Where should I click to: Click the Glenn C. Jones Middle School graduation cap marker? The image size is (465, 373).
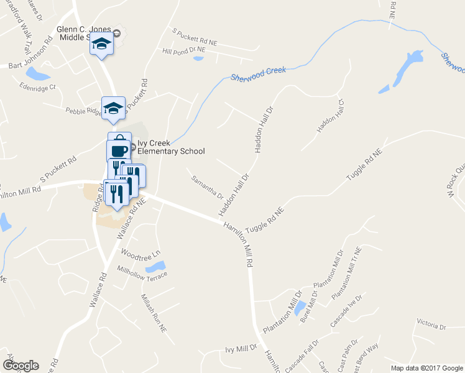click(x=101, y=45)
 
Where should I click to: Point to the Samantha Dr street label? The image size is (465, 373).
click(x=208, y=187)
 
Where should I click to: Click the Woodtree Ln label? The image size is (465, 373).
click(x=140, y=254)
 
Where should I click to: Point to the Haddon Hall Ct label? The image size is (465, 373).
click(x=330, y=116)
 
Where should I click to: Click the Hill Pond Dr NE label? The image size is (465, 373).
click(x=183, y=52)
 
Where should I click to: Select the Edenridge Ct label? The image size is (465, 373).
click(x=37, y=87)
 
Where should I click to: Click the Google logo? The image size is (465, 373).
click(x=20, y=366)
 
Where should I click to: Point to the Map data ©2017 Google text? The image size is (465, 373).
click(x=426, y=367)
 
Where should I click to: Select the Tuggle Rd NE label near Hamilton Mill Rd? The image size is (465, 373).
click(x=265, y=220)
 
